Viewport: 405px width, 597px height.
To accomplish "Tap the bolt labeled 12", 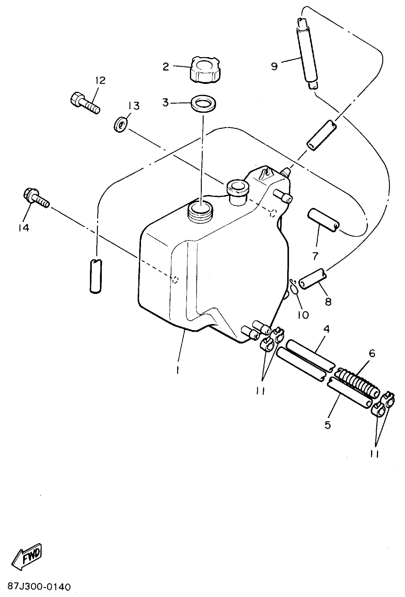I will pos(85,103).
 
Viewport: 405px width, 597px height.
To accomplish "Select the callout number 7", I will pos(315,256).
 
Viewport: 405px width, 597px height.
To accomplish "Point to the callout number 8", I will pos(328,301).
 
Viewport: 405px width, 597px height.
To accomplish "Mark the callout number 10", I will pos(303,315).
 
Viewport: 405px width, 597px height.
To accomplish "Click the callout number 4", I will pos(326,329).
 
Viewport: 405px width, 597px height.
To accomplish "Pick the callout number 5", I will pos(327,425).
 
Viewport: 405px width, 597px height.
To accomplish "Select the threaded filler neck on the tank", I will pos(200,211).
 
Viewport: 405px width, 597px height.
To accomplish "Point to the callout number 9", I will pos(274,66).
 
